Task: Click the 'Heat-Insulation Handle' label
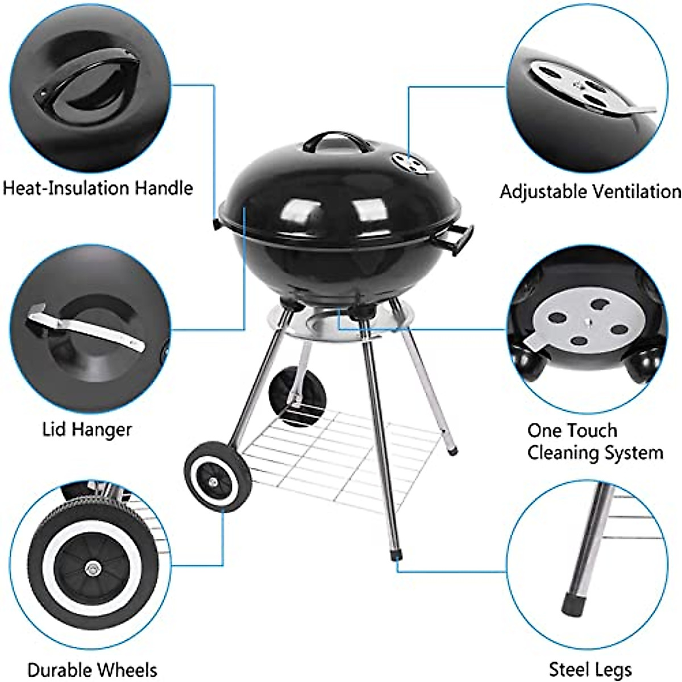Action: (x=98, y=188)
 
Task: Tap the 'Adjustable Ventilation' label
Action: (x=590, y=192)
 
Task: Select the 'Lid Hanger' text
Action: (x=87, y=429)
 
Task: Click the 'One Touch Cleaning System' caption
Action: (x=594, y=442)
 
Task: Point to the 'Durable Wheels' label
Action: (x=92, y=670)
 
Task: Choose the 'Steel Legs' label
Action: (x=590, y=670)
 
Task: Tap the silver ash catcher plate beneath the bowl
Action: (x=335, y=328)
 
